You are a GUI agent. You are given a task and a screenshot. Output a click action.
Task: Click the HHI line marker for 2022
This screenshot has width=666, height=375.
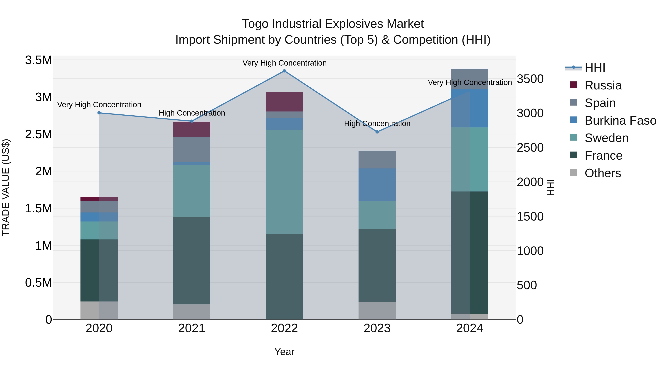pyautogui.click(x=284, y=71)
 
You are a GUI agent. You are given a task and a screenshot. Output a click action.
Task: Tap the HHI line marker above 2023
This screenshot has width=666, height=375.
pyautogui.click(x=377, y=132)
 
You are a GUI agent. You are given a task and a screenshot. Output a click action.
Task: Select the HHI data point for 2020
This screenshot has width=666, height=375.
pyautogui.click(x=99, y=113)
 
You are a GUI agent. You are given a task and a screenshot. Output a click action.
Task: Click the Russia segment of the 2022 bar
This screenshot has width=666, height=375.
pyautogui.click(x=284, y=102)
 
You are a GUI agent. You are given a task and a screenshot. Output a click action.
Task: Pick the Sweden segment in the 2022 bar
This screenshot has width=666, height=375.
pyautogui.click(x=284, y=182)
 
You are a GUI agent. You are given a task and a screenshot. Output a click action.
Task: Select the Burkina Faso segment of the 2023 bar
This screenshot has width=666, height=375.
pyautogui.click(x=377, y=184)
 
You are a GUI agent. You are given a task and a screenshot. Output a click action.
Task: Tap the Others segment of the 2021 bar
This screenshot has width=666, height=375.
pyautogui.click(x=192, y=312)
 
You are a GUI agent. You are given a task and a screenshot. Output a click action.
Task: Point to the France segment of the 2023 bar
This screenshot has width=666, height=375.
pyautogui.click(x=377, y=265)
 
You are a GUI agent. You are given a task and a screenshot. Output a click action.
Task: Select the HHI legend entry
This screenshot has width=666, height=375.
pyautogui.click(x=595, y=68)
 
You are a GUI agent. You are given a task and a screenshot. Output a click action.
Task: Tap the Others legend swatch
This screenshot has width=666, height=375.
pyautogui.click(x=573, y=173)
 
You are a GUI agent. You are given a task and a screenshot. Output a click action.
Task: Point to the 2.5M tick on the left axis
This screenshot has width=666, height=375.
pyautogui.click(x=38, y=134)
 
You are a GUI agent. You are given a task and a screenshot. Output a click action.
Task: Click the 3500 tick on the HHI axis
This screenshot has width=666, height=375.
pyautogui.click(x=530, y=79)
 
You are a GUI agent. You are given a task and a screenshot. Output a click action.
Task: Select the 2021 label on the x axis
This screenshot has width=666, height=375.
pyautogui.click(x=192, y=328)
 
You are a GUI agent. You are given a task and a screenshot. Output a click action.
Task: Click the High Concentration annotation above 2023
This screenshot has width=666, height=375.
pyautogui.click(x=377, y=124)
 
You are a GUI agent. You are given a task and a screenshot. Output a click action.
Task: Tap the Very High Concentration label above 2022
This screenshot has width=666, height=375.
pyautogui.click(x=284, y=63)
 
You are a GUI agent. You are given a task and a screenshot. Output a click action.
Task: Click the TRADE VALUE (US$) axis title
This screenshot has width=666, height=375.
pyautogui.click(x=6, y=187)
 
